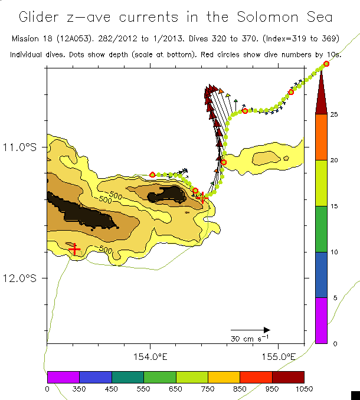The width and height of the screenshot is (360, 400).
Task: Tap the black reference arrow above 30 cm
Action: [250, 330]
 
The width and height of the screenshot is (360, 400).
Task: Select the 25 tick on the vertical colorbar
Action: [334, 114]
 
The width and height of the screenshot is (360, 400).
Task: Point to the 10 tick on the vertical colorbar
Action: [334, 252]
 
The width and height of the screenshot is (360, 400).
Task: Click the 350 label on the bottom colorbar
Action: [79, 389]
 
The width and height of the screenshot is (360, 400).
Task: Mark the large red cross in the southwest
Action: [74, 250]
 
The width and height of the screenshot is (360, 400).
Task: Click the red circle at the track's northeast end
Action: [326, 64]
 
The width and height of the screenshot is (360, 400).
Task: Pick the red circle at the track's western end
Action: [153, 175]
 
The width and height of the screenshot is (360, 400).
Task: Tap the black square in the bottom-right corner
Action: [355, 395]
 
